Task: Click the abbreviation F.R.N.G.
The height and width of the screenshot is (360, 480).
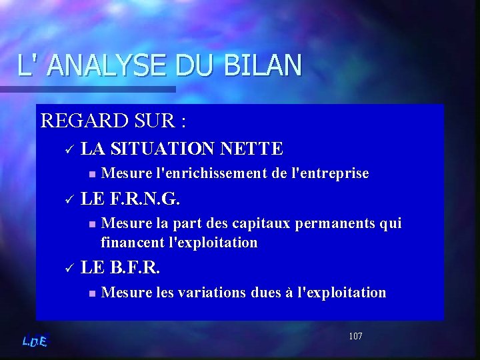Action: coord(144,199)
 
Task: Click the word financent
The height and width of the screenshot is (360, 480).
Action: coord(133,242)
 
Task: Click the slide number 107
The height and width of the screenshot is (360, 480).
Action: coord(355,336)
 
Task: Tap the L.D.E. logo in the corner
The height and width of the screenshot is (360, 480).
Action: coord(35,341)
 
